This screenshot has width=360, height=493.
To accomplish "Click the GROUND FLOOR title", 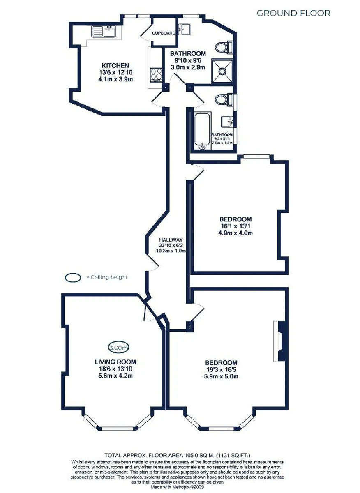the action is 293,13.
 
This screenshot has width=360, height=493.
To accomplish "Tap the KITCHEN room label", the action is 115,65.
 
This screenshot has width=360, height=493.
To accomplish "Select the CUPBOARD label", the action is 164,33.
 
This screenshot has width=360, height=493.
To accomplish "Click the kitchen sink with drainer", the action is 104,31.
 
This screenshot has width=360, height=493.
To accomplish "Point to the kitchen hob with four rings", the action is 156,75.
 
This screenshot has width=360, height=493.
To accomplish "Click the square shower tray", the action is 222,71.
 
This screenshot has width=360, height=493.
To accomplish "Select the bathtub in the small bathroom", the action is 203,131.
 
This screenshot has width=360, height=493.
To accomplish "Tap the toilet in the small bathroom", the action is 224,99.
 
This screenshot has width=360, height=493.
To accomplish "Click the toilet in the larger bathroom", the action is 224,47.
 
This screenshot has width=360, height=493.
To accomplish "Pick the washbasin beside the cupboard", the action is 184,30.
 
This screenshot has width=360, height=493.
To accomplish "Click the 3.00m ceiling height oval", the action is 119,348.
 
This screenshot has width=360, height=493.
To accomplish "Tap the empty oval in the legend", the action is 73,278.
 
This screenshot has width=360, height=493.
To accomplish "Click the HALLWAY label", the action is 171,240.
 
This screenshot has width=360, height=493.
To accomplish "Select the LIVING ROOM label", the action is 115,362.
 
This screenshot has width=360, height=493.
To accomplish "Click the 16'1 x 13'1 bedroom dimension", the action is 235,226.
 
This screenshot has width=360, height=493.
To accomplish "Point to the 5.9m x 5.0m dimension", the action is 221,376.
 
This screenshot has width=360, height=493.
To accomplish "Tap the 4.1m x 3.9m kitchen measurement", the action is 115,79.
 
